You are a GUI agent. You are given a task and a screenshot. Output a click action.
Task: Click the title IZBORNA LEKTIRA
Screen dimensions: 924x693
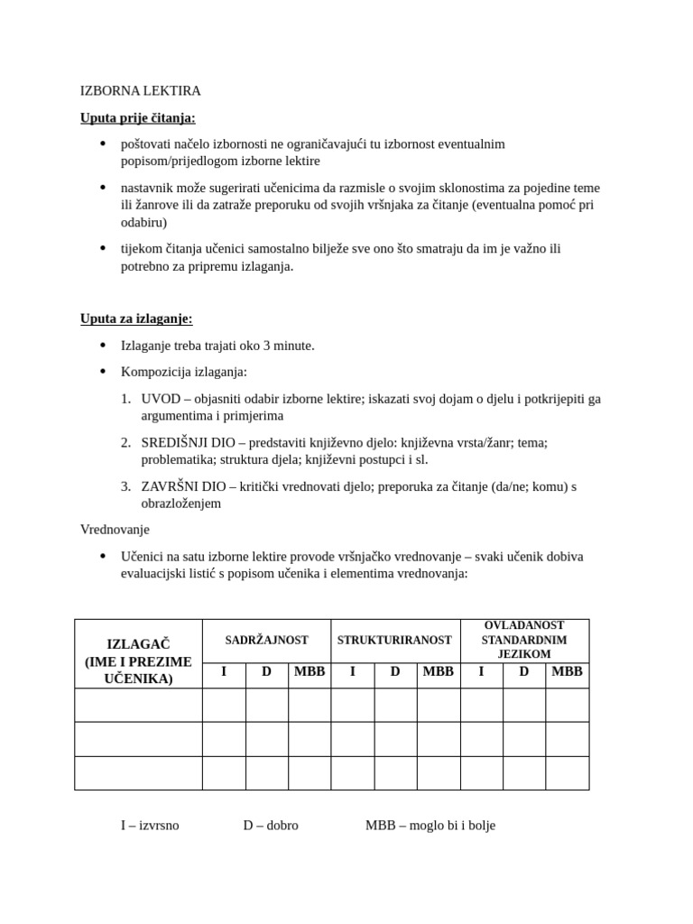coord(140,91)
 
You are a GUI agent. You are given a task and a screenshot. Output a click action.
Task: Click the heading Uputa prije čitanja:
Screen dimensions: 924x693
coord(137,117)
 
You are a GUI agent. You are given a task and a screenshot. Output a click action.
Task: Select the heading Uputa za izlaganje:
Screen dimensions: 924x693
coord(136,319)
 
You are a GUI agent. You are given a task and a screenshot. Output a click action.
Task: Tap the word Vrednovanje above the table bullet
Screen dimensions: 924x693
coord(115,529)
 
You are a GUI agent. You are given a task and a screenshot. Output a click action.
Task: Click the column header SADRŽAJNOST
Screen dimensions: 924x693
coord(266,641)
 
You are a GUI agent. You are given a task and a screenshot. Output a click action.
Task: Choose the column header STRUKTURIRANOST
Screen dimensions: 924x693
coord(394,641)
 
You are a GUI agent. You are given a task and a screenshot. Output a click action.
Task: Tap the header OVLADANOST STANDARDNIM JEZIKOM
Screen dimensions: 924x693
coord(524,640)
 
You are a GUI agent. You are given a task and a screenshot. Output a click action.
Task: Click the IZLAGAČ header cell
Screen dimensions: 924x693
coord(138,661)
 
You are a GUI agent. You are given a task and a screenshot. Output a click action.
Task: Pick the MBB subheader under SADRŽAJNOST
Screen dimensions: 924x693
coord(310,671)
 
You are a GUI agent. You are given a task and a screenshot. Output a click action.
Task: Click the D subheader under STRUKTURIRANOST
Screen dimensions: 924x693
coord(395,671)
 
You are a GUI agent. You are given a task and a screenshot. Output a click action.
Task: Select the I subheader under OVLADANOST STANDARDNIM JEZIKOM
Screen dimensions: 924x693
coord(481,671)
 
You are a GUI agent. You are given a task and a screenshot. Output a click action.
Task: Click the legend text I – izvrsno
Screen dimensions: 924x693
coord(150,825)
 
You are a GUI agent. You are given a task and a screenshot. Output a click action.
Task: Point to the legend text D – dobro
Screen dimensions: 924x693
coord(270,825)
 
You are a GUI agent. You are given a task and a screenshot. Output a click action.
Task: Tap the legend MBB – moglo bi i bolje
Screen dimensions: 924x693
coord(430,825)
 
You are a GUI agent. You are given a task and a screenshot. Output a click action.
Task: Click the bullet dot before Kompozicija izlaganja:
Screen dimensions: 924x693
coord(102,371)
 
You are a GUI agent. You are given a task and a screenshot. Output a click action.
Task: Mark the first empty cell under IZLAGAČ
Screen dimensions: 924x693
coord(138,705)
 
